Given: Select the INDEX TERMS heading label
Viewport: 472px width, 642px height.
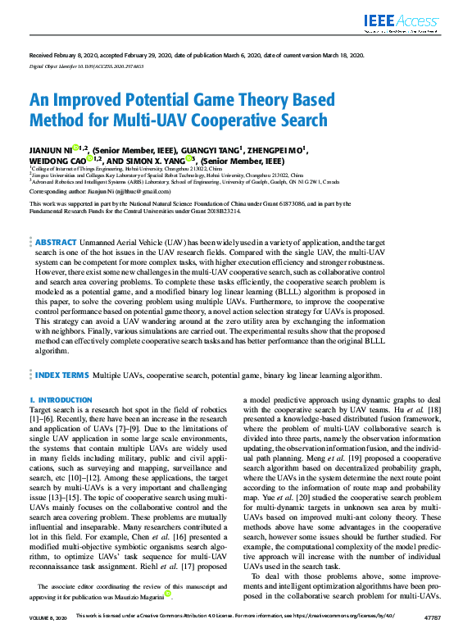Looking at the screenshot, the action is point(61,375).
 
